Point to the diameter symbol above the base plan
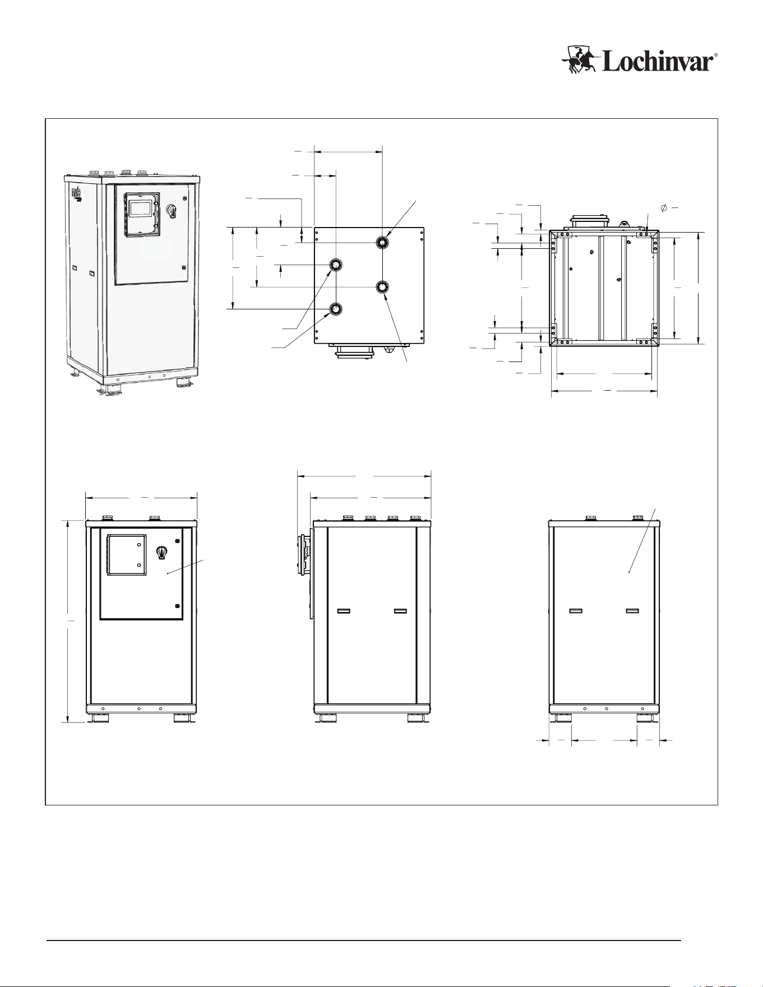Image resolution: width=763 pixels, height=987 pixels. (664, 208)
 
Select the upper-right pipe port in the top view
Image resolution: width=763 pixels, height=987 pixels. (382, 242)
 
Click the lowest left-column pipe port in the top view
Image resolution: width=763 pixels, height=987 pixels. (336, 309)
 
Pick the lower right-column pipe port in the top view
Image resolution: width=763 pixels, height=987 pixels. (382, 287)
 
